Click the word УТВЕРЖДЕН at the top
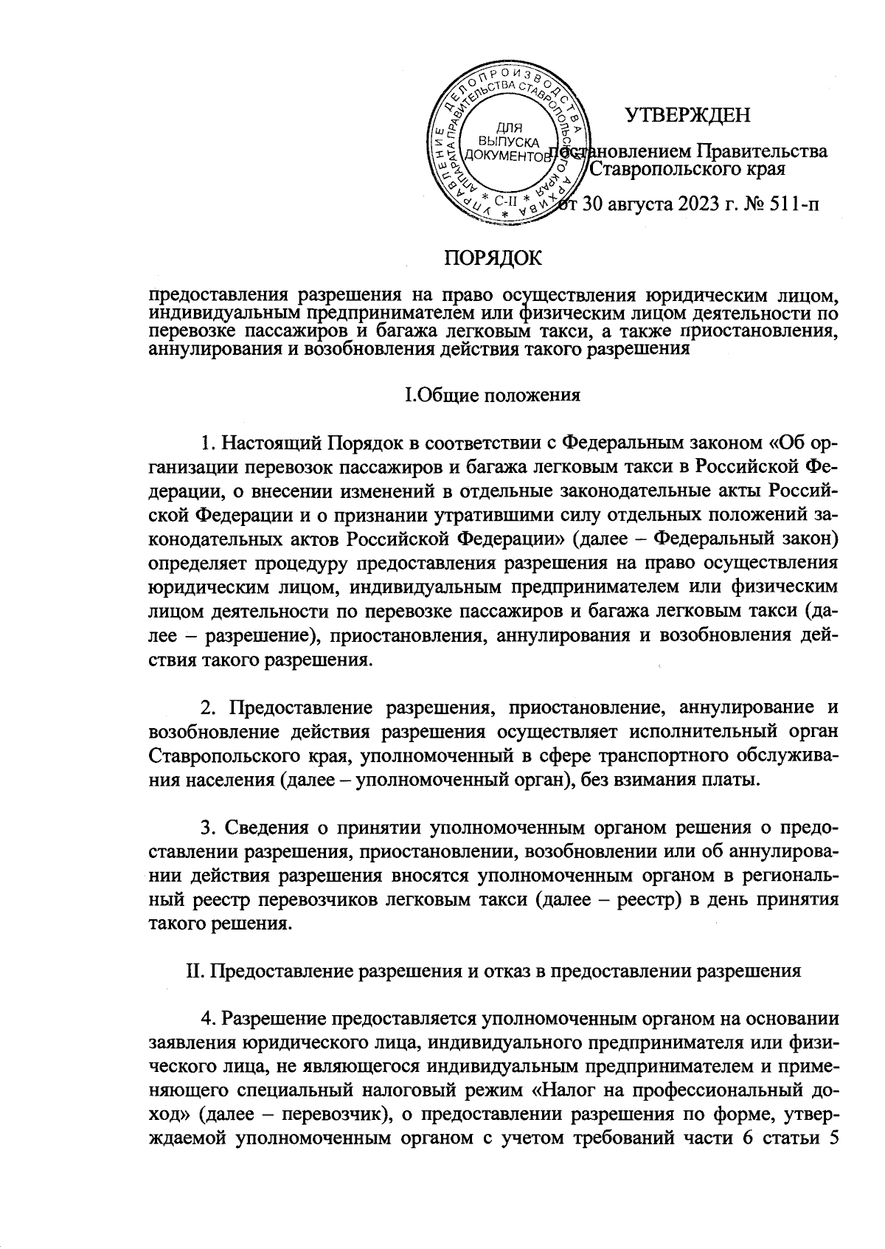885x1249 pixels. (x=687, y=116)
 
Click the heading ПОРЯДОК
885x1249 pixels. (x=492, y=257)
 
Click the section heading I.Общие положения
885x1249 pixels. (x=493, y=395)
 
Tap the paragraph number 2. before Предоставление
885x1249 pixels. (x=209, y=708)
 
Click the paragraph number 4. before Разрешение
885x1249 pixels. (x=209, y=1020)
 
